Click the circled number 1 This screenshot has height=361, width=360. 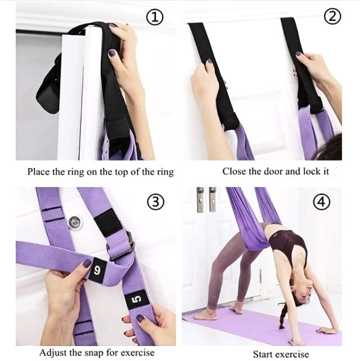155,18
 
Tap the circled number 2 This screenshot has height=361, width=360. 332,16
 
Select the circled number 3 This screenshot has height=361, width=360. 156,202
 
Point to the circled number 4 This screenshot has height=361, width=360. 322,202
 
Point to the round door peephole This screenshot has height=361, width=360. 75,223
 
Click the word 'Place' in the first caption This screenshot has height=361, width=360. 38,172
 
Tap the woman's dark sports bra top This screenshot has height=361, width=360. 289,244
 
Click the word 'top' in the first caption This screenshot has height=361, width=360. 121,172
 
